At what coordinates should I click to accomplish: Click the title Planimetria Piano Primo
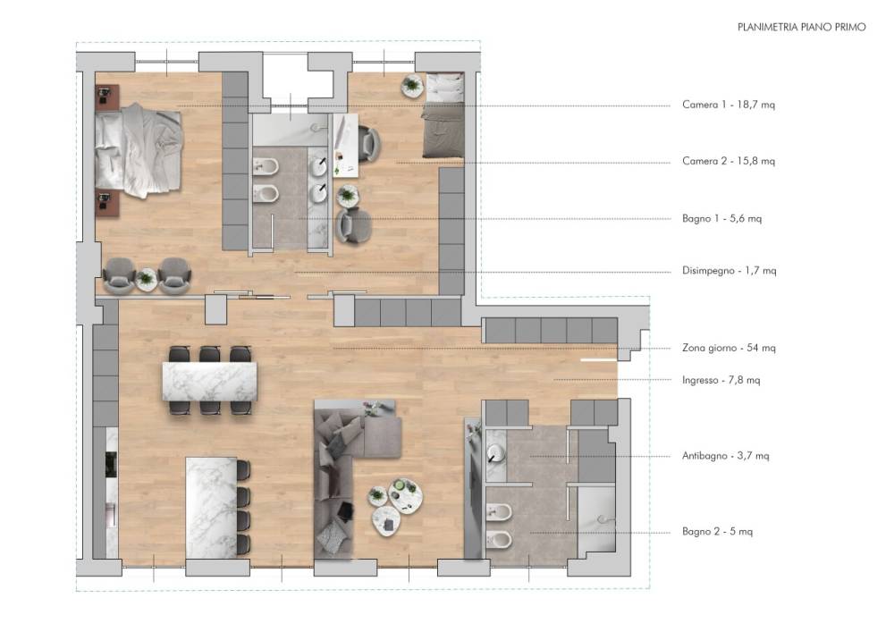click(801, 27)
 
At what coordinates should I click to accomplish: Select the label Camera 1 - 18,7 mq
click(728, 105)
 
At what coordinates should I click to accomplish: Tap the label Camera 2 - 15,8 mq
click(728, 161)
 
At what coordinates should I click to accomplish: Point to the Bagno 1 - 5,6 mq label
click(721, 218)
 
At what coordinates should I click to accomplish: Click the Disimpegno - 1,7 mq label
click(729, 271)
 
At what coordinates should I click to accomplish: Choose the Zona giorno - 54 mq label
click(728, 348)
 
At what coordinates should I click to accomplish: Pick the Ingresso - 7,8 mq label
click(721, 380)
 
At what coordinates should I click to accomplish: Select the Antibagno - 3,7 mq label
click(725, 456)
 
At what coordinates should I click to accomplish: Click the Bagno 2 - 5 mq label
click(717, 532)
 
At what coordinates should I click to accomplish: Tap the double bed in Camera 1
click(139, 150)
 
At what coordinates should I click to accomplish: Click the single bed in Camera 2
click(443, 115)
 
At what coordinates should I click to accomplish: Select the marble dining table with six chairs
click(209, 381)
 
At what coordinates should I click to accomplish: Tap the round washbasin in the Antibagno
click(495, 453)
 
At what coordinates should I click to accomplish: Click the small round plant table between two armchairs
click(147, 279)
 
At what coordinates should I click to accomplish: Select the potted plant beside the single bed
click(411, 86)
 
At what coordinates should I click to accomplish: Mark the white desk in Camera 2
click(345, 146)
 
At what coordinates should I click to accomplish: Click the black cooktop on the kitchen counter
click(111, 464)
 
